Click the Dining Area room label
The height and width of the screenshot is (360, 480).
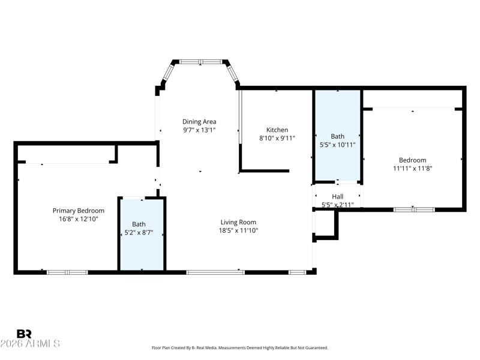[199, 122]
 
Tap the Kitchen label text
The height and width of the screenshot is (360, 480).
[277, 130]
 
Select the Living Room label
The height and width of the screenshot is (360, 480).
[238, 222]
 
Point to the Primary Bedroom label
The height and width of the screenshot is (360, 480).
[79, 211]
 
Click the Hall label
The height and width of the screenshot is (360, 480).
[338, 197]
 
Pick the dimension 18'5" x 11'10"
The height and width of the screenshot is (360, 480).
[238, 230]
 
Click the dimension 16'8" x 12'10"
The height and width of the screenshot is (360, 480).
[79, 219]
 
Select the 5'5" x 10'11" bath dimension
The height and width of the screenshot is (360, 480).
[338, 145]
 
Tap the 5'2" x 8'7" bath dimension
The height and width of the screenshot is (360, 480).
[139, 233]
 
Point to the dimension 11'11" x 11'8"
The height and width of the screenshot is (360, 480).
[413, 169]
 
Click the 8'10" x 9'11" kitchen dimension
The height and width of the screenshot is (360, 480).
[277, 138]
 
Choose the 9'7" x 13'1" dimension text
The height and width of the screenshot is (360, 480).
[199, 130]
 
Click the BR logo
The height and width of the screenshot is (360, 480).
[24, 334]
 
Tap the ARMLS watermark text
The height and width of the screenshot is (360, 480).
[30, 343]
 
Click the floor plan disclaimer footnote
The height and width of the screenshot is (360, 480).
[240, 348]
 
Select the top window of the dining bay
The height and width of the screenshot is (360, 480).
[200, 62]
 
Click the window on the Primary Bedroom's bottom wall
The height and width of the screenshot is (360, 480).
[67, 272]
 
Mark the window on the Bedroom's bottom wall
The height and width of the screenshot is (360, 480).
[414, 209]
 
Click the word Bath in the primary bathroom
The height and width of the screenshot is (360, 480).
[139, 224]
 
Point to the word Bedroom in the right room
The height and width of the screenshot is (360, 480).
[413, 160]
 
